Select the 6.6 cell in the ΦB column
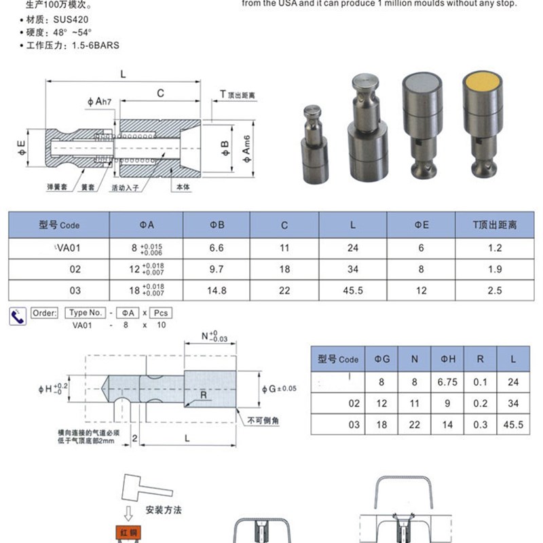[217, 248]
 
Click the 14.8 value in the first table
[217, 291]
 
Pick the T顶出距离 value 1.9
[495, 269]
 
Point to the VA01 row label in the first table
[68, 248]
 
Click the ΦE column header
[421, 224]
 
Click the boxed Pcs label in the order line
[161, 313]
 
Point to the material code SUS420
[70, 21]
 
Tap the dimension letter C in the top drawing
[161, 93]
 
